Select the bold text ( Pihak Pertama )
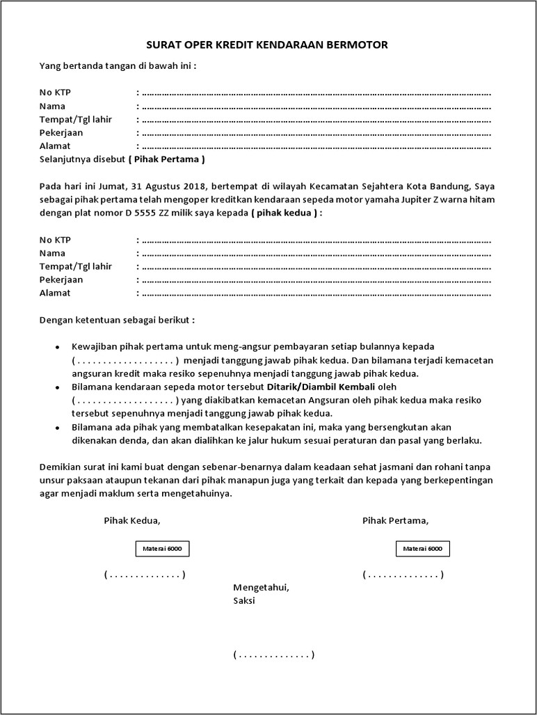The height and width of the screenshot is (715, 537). (166, 159)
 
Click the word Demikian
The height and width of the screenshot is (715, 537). (60, 467)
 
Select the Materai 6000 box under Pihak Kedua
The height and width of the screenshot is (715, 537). (162, 549)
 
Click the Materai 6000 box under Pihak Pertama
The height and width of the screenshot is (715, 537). (423, 549)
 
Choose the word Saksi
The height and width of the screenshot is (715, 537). (244, 601)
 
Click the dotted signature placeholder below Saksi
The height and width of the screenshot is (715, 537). (274, 654)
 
